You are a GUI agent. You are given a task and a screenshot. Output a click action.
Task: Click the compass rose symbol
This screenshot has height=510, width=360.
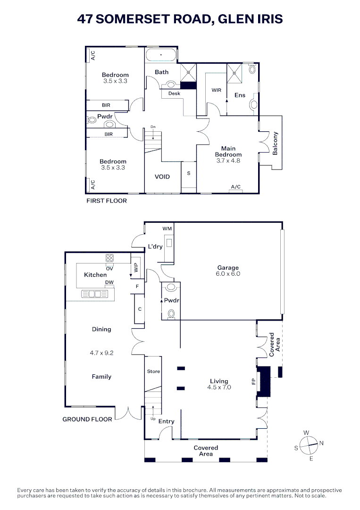[x=309, y=445]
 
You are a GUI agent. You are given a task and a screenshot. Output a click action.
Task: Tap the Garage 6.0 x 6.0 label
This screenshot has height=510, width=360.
[x=228, y=271]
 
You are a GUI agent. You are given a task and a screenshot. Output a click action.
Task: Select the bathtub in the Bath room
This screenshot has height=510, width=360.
[x=161, y=55]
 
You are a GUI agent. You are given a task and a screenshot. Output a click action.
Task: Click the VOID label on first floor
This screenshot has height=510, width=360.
[x=162, y=177]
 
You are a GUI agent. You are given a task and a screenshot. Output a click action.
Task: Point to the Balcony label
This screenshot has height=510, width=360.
[x=276, y=143]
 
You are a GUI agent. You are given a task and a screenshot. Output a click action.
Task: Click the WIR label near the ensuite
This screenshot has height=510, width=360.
[x=217, y=90]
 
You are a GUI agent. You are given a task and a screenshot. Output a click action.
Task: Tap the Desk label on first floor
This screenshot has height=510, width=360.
[x=174, y=93]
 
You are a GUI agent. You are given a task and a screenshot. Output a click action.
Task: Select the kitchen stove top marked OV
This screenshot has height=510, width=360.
[x=109, y=258]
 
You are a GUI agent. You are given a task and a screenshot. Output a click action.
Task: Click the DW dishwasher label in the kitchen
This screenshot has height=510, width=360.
[x=109, y=282]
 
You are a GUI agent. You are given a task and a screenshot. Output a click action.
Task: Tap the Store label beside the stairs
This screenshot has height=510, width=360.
[x=153, y=372]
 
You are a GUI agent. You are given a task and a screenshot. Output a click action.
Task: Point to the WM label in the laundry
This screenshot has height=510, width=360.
[x=167, y=229]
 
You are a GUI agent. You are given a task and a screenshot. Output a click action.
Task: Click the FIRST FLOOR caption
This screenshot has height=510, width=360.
[x=106, y=201]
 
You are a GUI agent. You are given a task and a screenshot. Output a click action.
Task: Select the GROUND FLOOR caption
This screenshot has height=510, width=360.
[x=87, y=419]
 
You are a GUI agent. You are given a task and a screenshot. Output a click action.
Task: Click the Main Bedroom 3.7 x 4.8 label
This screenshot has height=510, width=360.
[x=228, y=154]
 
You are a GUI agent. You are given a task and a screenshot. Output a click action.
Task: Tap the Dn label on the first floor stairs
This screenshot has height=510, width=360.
[x=152, y=127]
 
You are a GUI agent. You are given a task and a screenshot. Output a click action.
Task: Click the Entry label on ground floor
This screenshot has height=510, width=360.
[x=166, y=421]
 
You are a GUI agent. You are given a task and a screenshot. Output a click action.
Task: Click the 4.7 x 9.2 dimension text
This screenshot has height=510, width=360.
[x=101, y=352]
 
